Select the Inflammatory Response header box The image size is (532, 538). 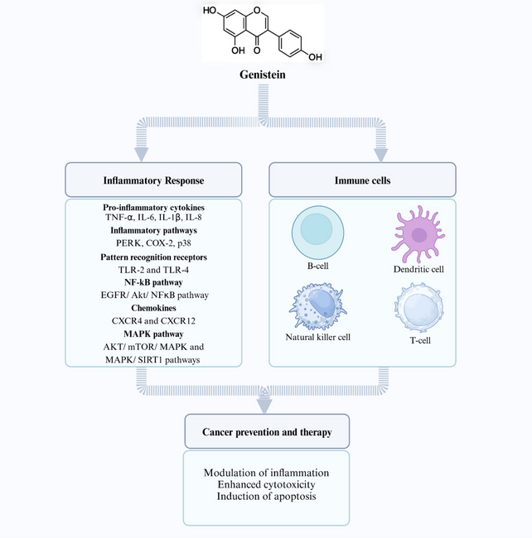pyautogui.click(x=153, y=180)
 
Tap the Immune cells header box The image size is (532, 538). pyautogui.click(x=362, y=180)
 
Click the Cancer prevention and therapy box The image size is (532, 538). pyautogui.click(x=265, y=432)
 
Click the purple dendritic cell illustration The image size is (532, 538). pyautogui.click(x=419, y=235)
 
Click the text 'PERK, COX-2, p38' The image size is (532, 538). pyautogui.click(x=153, y=243)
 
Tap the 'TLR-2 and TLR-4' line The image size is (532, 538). pyautogui.click(x=153, y=269)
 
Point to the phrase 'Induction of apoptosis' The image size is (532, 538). pyautogui.click(x=265, y=497)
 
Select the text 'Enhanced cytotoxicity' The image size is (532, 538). pyautogui.click(x=265, y=484)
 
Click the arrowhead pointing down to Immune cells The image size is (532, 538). pyautogui.click(x=381, y=154)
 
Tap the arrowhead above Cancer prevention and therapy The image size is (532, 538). pyautogui.click(x=265, y=405)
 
